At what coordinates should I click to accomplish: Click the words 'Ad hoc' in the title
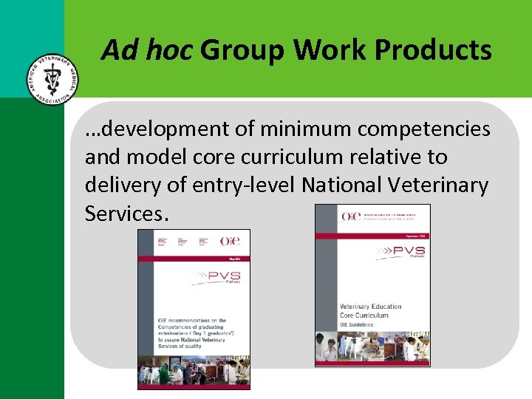[147, 50]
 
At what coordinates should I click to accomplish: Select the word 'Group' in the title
[245, 50]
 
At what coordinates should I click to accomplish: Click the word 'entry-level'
[244, 185]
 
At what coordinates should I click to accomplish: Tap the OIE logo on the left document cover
[230, 241]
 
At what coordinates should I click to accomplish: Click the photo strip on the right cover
[372, 347]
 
